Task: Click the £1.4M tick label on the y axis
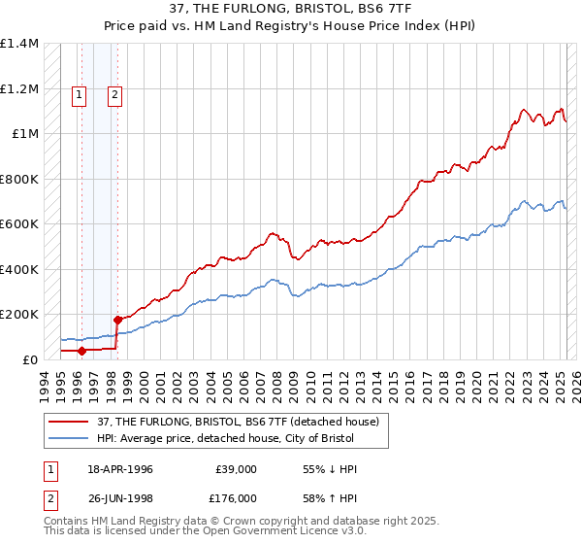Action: click(x=19, y=44)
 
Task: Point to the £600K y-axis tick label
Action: click(x=19, y=224)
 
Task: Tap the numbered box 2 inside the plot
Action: click(x=114, y=94)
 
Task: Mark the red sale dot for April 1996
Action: click(x=82, y=351)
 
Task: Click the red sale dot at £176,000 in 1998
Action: click(x=118, y=320)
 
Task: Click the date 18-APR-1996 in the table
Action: click(x=120, y=469)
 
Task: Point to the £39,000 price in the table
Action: click(x=236, y=469)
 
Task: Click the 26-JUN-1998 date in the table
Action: click(x=120, y=498)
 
